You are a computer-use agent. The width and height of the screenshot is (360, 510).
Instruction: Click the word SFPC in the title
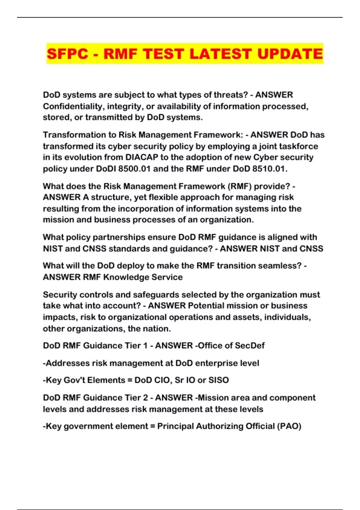68,54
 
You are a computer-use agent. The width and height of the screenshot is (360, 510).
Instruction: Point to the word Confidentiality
73,106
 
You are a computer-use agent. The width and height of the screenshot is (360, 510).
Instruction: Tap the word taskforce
298,146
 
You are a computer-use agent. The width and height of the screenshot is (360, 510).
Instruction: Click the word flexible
166,197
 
